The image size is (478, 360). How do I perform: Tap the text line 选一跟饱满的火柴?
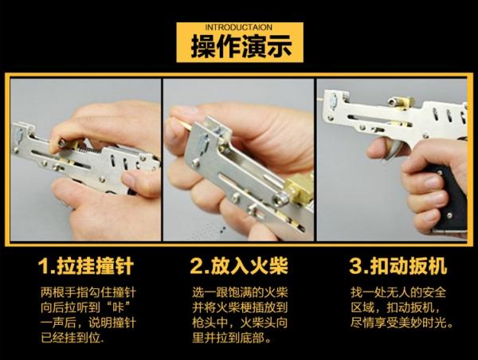pyautogui.click(x=239, y=291)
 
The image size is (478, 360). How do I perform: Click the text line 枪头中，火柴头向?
pyautogui.click(x=239, y=321)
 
